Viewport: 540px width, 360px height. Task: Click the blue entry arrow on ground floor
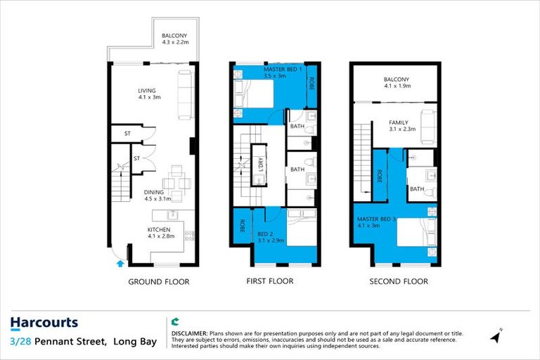(x=119, y=264)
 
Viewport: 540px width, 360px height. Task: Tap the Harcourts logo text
(x=44, y=323)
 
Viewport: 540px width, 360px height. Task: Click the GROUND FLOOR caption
(x=158, y=282)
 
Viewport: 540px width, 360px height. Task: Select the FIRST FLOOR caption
(x=270, y=281)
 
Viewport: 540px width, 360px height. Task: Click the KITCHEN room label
(x=158, y=230)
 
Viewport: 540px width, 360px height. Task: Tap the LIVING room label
(x=147, y=90)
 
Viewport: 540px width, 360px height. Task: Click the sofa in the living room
(x=186, y=94)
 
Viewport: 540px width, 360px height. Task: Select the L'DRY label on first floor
(x=259, y=169)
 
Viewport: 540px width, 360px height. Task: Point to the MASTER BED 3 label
(x=376, y=219)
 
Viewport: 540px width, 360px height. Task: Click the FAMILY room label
(x=399, y=122)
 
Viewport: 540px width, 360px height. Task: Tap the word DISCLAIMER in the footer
(x=189, y=332)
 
